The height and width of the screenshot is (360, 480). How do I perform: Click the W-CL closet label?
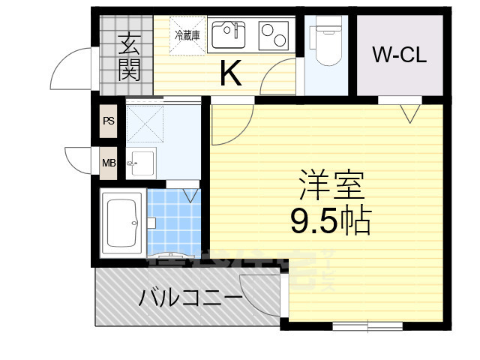point(399,55)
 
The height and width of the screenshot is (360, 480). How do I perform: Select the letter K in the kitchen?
point(229,73)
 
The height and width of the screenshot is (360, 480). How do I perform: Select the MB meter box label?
point(109,161)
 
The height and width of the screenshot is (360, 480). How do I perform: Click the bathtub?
point(122,224)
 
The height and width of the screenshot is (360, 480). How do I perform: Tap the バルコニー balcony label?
point(190,298)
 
